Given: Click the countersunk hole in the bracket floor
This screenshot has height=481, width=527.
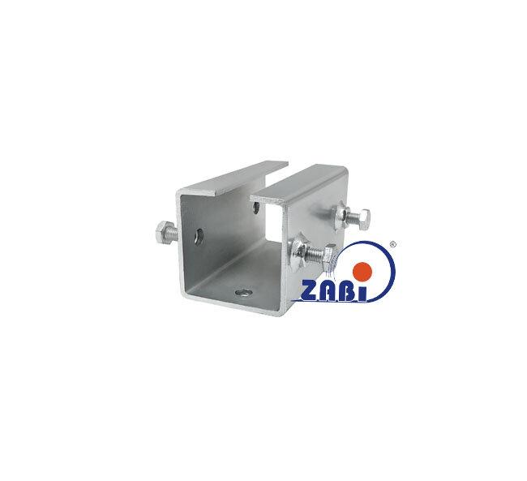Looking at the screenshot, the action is point(244,293).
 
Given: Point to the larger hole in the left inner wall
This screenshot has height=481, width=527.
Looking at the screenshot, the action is point(199,237).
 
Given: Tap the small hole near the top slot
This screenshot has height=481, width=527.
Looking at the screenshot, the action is point(257,208).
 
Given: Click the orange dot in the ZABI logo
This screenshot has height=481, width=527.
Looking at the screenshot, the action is point(362,272).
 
